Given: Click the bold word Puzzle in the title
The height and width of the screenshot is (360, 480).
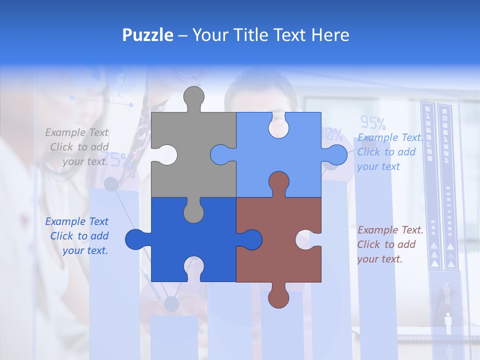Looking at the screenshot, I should (x=147, y=35).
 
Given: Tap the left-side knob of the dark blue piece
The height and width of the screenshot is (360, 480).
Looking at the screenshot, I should (x=136, y=239).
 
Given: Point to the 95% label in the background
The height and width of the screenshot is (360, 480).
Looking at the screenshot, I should (x=373, y=122).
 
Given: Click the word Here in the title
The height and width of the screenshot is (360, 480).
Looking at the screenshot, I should (x=330, y=35).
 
